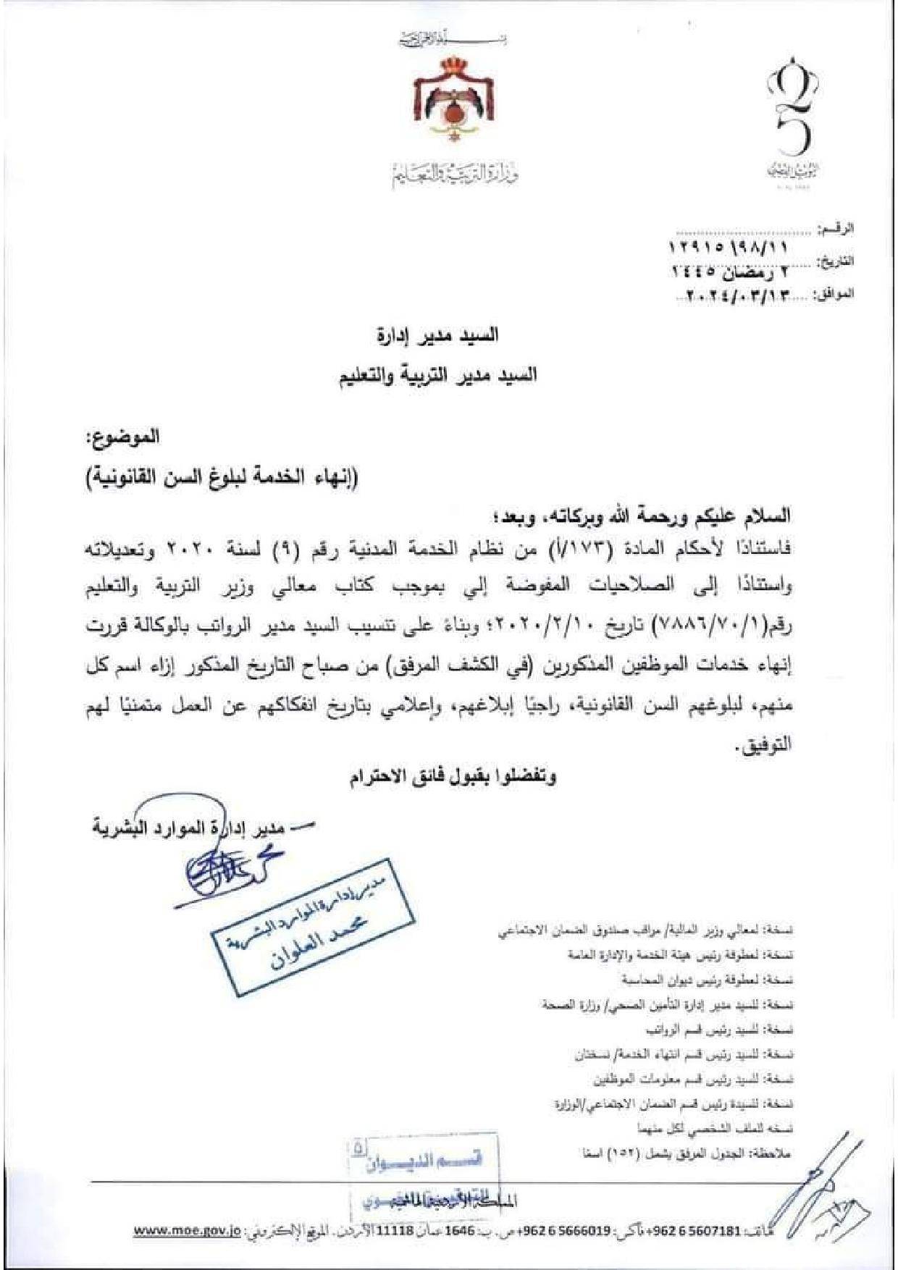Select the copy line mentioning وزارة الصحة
pos(666,1004)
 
